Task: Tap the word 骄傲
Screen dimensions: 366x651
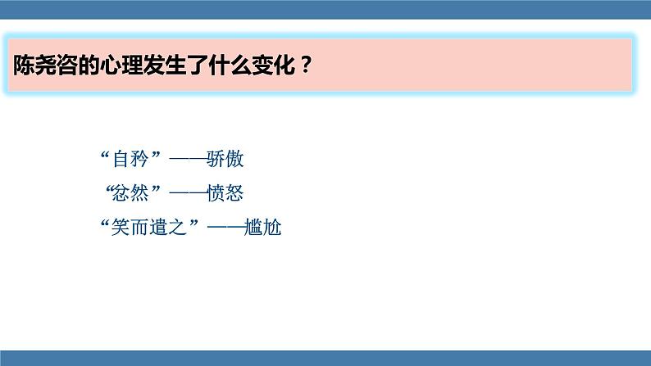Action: (x=225, y=159)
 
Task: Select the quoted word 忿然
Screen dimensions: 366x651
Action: (x=132, y=194)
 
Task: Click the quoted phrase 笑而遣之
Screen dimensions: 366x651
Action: (x=151, y=228)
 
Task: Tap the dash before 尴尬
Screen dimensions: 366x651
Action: (x=225, y=228)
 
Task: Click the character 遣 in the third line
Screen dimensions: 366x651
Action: (x=161, y=228)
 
